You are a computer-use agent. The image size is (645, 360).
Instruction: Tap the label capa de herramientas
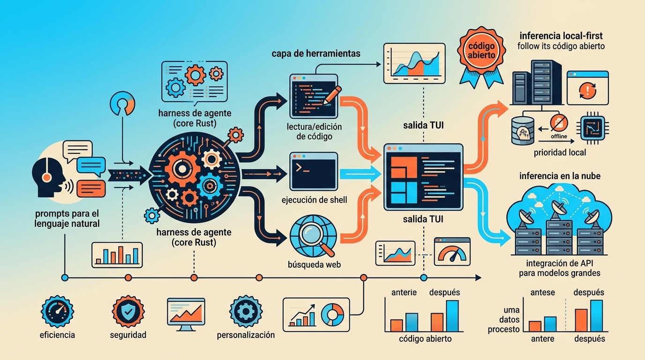point(316,53)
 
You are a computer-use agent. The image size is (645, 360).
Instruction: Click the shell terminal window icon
point(314,172)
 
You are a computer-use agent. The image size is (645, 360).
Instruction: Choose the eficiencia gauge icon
point(57,311)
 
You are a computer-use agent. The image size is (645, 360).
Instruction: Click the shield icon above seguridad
point(128,311)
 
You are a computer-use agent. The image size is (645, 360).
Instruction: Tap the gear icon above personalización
point(246,311)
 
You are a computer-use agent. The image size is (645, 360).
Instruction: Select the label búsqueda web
point(314,264)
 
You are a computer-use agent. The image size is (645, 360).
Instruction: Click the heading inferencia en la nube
point(560,176)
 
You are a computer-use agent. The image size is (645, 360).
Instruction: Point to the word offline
point(559,136)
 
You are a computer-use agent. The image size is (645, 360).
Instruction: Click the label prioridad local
point(560,152)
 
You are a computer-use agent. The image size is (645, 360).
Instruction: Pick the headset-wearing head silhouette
point(48,178)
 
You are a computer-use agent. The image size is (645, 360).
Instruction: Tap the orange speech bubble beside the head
point(91,189)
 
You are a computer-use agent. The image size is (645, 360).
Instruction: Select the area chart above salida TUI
point(414,63)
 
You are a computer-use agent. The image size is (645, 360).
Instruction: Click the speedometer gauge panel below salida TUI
point(452,252)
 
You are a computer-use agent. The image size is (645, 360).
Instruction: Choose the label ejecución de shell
point(314,200)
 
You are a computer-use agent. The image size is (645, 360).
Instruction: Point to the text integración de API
point(560,263)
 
